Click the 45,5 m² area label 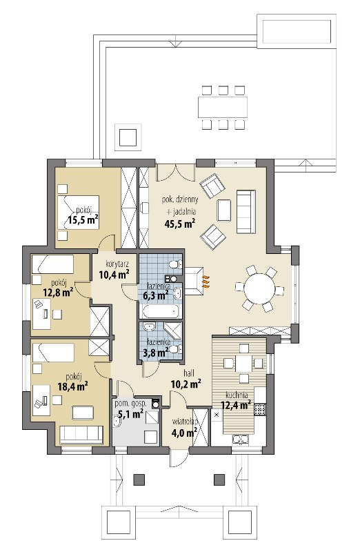click(179, 223)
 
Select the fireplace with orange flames click(195, 281)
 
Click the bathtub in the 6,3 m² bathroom click(161, 311)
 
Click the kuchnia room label click(237, 395)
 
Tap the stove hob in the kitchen click(260, 408)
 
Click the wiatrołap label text click(185, 421)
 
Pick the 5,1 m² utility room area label click(130, 414)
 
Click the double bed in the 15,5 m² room click(78, 213)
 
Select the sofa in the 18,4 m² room click(81, 435)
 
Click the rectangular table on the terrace click(222, 107)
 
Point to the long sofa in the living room click(246, 212)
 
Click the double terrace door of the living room click(175, 172)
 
